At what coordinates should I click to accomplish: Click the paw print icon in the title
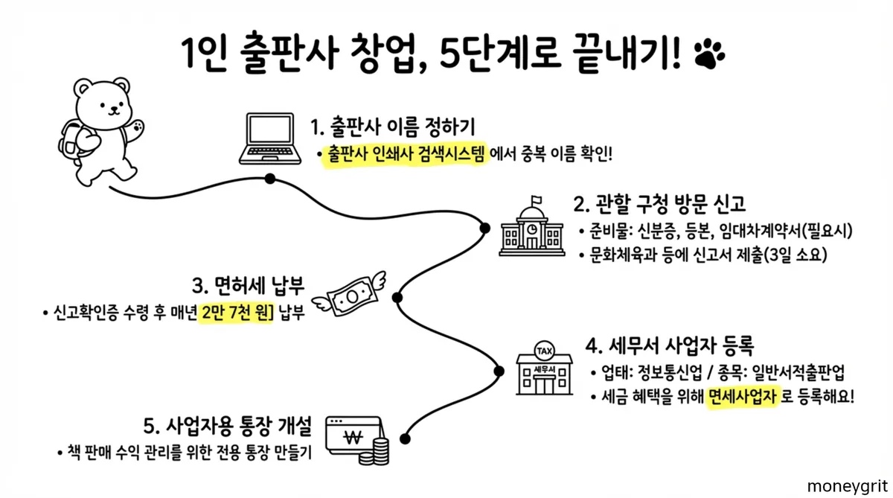(x=710, y=52)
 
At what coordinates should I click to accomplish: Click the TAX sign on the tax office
(x=545, y=349)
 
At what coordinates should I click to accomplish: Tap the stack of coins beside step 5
(x=381, y=450)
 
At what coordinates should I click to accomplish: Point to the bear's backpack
(x=73, y=141)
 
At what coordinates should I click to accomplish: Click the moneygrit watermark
(x=848, y=485)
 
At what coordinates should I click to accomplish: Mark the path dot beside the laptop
(x=270, y=179)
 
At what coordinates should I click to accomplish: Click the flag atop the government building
(x=536, y=200)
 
